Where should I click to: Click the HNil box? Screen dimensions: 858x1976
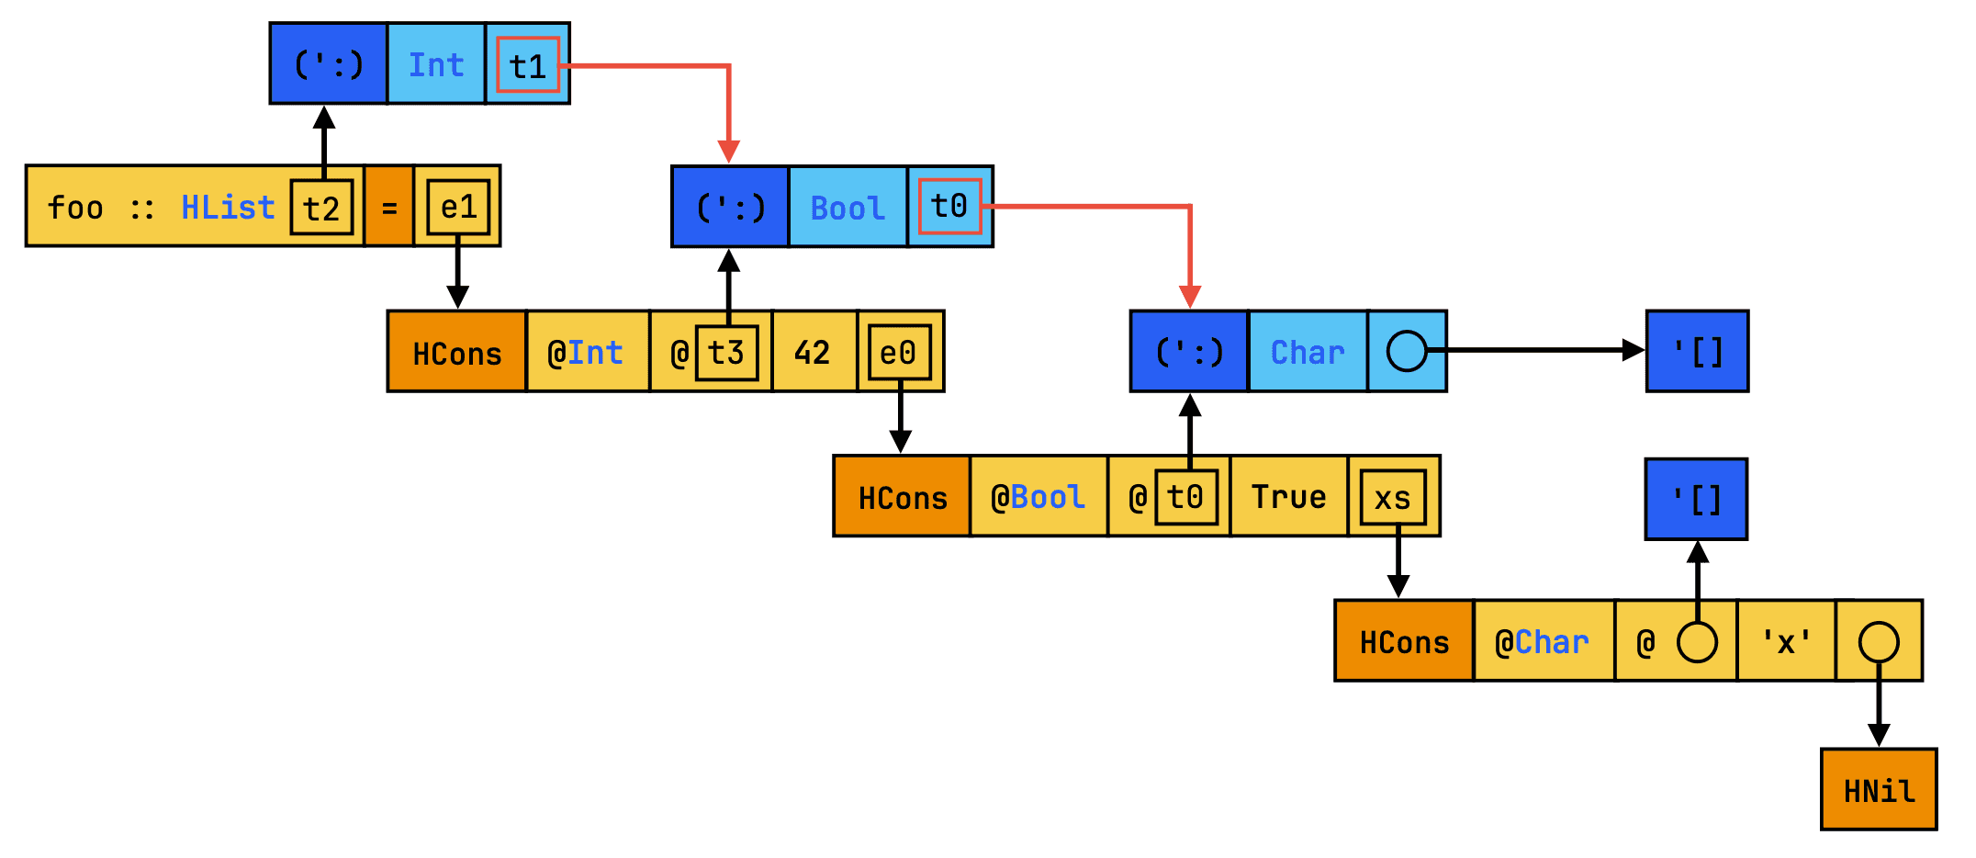(1879, 790)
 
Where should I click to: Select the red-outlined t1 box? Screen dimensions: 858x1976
(528, 65)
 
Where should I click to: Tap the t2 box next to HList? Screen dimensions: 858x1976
(321, 208)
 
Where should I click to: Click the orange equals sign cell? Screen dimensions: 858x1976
(389, 208)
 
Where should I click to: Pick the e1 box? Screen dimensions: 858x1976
(458, 208)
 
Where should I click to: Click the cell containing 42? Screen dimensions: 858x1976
(813, 353)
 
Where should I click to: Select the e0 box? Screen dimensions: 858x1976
(898, 353)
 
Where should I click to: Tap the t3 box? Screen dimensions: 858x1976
(726, 353)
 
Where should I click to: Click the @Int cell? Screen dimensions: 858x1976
(586, 353)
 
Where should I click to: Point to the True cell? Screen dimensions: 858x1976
(1288, 497)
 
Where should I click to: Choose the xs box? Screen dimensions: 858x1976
(1393, 497)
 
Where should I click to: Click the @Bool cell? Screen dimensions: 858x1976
(1038, 497)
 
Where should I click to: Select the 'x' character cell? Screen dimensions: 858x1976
(1786, 641)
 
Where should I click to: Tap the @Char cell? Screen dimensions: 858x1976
(1543, 641)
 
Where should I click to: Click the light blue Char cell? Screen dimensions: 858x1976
(1308, 352)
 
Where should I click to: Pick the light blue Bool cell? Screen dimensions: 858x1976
(848, 208)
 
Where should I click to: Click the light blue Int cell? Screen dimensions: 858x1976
(436, 64)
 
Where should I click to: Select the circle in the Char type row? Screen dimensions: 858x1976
(1407, 351)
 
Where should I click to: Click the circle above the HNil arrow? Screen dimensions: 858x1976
(1879, 641)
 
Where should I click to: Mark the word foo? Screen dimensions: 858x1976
(75, 208)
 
